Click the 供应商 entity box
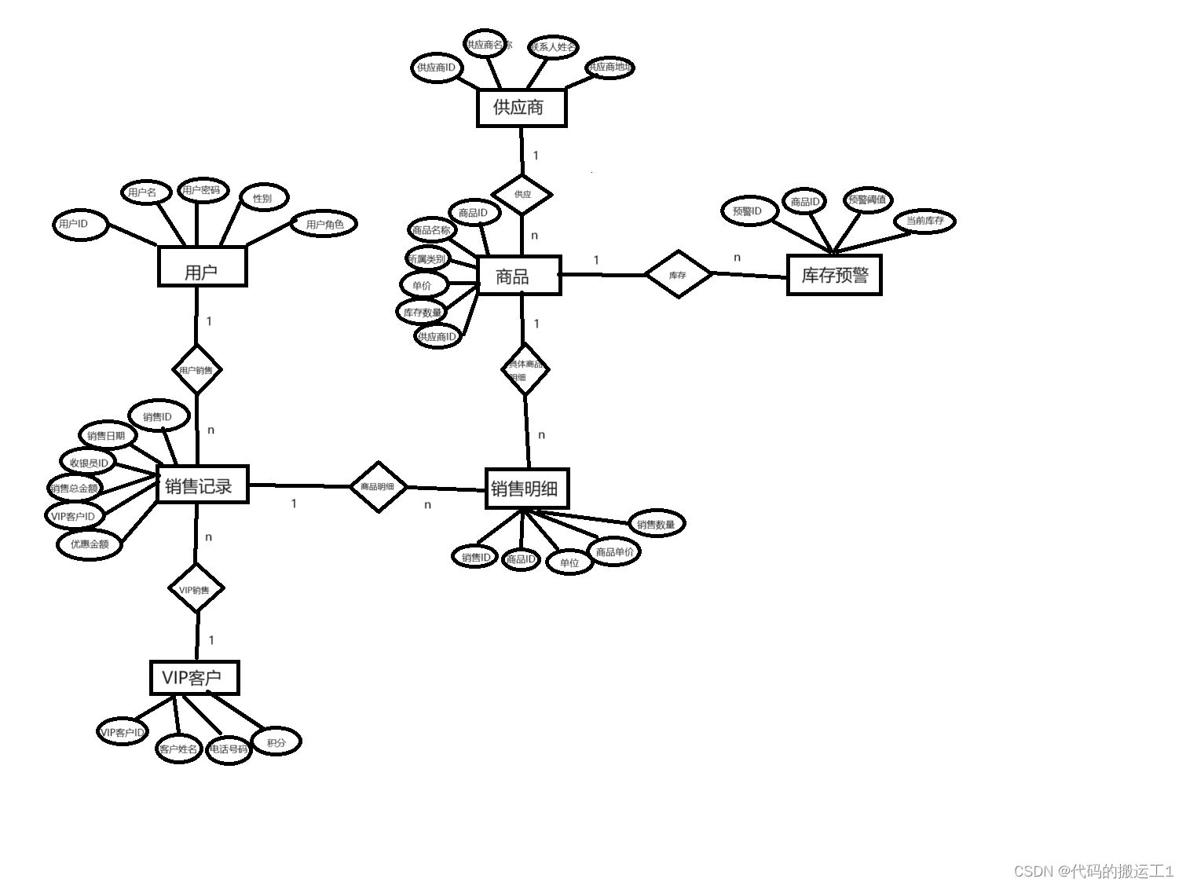[x=521, y=108]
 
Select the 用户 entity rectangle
[x=202, y=267]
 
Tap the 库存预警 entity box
[x=834, y=275]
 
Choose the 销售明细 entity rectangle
[x=525, y=489]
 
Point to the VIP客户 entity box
[x=193, y=677]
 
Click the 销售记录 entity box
[x=201, y=485]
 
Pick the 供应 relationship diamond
[x=522, y=194]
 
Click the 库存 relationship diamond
[x=678, y=275]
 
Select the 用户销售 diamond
[x=196, y=370]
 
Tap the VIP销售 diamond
[x=196, y=589]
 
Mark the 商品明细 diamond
[x=378, y=487]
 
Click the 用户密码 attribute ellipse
[x=201, y=190]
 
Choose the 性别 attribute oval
[x=263, y=198]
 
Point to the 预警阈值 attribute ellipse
[x=867, y=200]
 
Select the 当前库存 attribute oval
[x=924, y=221]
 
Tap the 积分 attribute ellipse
[x=276, y=741]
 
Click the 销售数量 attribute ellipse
[x=656, y=524]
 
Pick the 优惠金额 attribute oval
[x=90, y=544]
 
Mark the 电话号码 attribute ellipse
[x=229, y=749]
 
